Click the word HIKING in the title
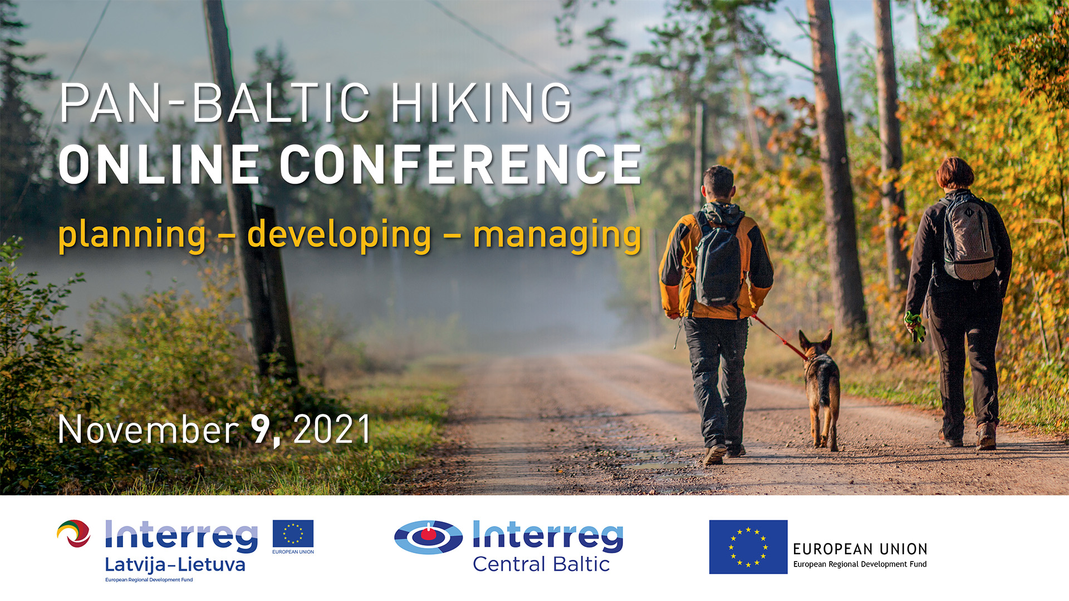(x=482, y=103)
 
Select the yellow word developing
(x=339, y=235)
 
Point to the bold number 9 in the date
(x=262, y=429)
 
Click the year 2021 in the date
(x=332, y=429)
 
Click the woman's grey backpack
(x=969, y=236)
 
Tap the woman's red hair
(x=955, y=173)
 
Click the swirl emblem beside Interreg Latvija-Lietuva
(x=74, y=534)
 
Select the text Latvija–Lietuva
(x=175, y=565)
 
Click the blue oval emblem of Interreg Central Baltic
(x=428, y=538)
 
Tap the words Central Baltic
(x=541, y=564)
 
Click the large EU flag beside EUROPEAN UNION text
(x=748, y=547)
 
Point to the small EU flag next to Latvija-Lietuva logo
(x=293, y=534)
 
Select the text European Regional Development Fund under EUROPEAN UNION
(x=860, y=564)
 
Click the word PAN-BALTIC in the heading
(x=215, y=103)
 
